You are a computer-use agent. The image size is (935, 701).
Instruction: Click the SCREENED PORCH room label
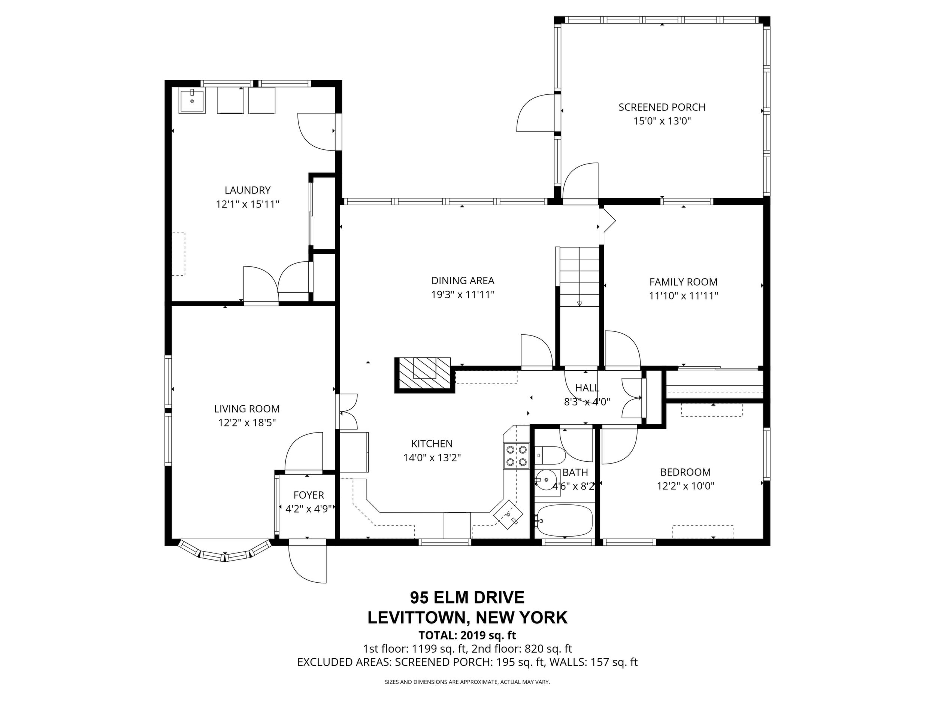[x=662, y=107]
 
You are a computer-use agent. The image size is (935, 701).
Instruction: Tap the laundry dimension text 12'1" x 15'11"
[x=248, y=204]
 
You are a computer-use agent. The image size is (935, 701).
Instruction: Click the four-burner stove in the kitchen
[x=516, y=455]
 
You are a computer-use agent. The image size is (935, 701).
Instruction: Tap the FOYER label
[x=309, y=495]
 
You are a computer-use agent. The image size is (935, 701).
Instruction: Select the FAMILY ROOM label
[x=684, y=282]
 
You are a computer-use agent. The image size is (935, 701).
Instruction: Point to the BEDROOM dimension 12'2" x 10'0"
[x=685, y=486]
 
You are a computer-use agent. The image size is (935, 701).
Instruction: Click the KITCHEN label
[x=432, y=444]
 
